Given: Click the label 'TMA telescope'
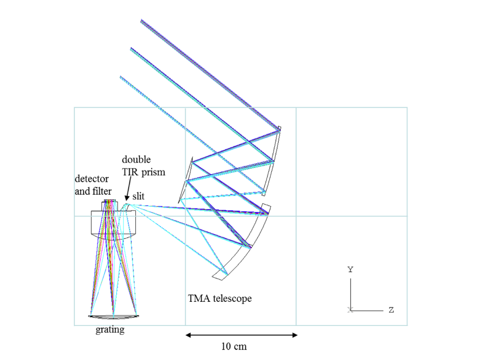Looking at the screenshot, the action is point(220,298).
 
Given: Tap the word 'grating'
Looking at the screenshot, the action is point(110,330).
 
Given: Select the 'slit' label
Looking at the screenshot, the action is point(139,196).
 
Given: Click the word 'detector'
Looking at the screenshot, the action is point(91,179).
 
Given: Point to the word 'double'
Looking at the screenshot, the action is point(136,159).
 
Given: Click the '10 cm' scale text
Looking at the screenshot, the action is point(234,346).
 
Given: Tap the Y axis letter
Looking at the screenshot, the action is point(351,270).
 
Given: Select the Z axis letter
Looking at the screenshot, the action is point(391,310).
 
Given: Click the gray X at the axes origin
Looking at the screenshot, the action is point(350,310).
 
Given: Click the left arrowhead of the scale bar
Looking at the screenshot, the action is point(188,335).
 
